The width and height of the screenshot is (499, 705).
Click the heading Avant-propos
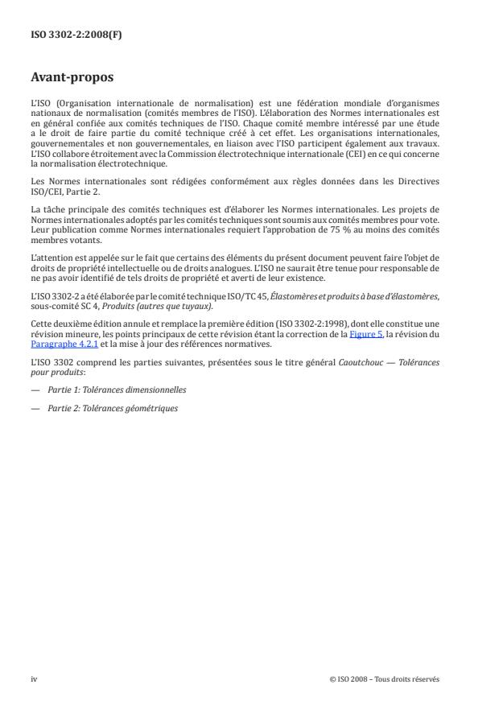pyautogui.click(x=73, y=79)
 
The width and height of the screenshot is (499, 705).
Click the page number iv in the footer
pyautogui.click(x=34, y=679)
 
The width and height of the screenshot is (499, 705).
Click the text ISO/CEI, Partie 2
pyautogui.click(x=68, y=191)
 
